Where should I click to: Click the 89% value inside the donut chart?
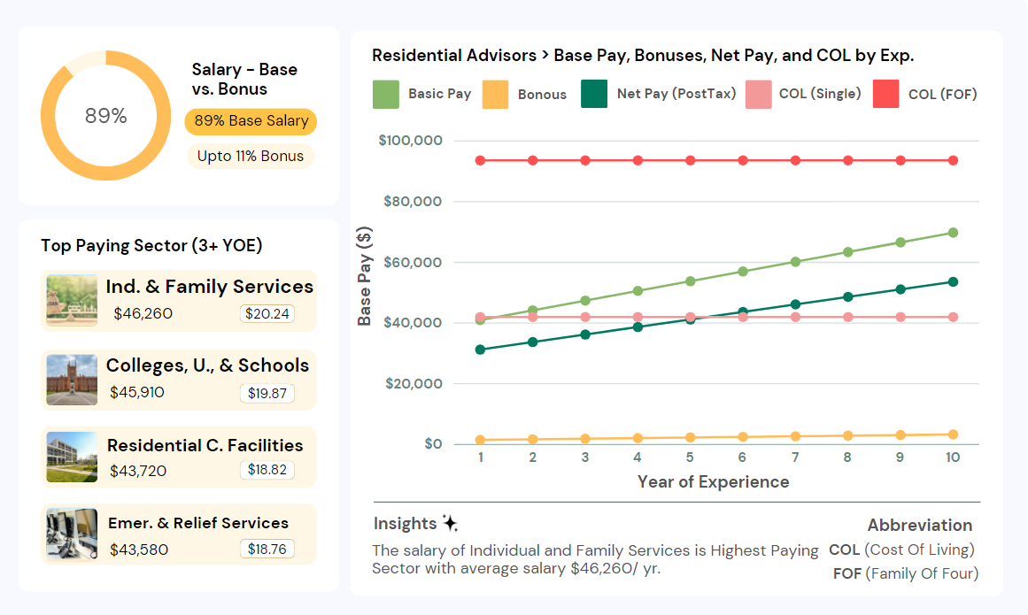105,116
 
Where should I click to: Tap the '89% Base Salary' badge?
251,121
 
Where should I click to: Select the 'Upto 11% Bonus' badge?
251,156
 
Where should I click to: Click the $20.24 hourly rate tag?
267,313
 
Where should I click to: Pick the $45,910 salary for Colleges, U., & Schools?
137,392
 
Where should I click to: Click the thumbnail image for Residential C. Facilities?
72,457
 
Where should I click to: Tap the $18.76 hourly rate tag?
267,549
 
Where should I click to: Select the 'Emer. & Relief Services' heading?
198,523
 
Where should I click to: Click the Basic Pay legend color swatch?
385,94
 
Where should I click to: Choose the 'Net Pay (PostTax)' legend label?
676,94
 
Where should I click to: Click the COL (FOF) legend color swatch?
885,94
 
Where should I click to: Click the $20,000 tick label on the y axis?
414,383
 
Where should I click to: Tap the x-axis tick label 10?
953,457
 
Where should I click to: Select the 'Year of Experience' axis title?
713,482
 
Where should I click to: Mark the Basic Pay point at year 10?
953,233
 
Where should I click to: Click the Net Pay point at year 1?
480,350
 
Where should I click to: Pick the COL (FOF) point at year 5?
690,160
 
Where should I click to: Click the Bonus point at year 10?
953,434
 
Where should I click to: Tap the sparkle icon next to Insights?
450,523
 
